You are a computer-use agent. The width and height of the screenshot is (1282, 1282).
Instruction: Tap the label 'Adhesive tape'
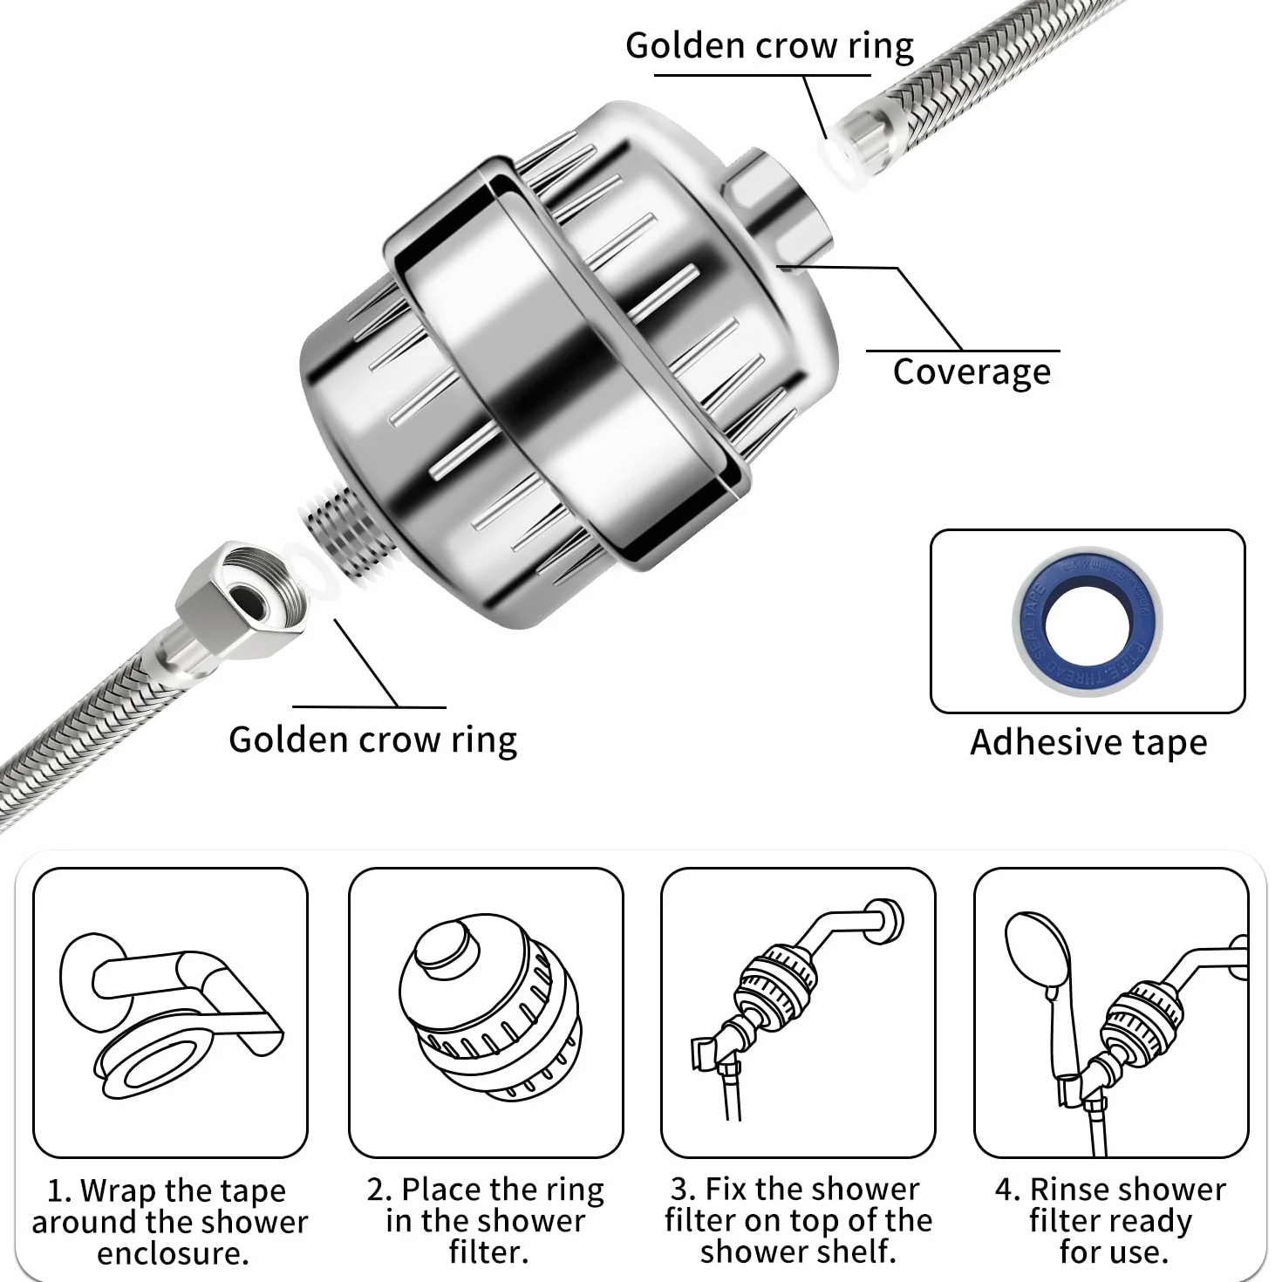(1088, 742)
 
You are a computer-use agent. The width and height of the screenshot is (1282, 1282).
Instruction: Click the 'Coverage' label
(972, 372)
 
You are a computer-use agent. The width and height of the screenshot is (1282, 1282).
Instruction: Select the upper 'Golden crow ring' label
(770, 46)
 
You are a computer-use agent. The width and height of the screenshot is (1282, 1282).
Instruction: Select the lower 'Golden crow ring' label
(372, 740)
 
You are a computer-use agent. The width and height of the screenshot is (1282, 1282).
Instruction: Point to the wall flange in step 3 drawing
(885, 922)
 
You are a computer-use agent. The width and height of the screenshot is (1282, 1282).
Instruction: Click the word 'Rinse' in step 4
(1072, 1190)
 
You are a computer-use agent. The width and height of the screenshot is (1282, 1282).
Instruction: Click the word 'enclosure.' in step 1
(173, 1253)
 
